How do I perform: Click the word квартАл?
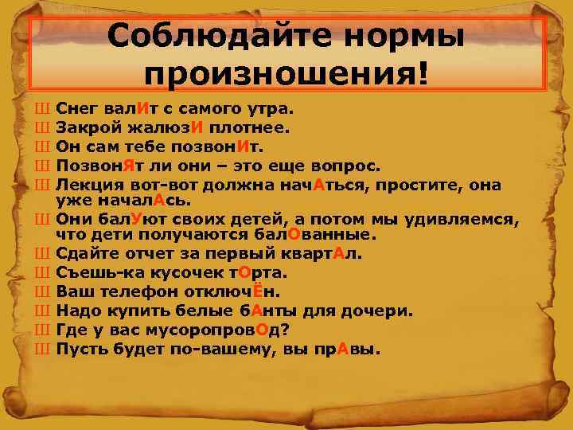(318, 254)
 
